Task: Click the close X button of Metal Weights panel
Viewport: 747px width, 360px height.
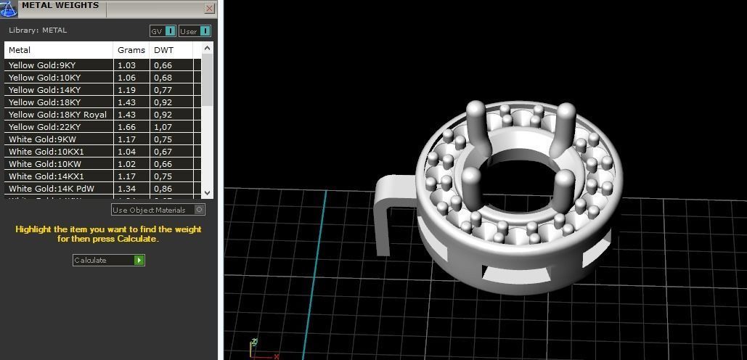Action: click(x=209, y=9)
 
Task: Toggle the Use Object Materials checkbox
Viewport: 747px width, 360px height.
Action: click(x=200, y=210)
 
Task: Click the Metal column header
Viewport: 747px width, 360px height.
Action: click(x=20, y=50)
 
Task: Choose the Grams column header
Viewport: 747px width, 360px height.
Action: click(x=131, y=50)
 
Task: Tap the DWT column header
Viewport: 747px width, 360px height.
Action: click(x=163, y=50)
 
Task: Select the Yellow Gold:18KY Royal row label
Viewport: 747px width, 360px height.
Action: click(x=57, y=115)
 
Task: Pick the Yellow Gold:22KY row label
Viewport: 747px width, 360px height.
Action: click(x=44, y=127)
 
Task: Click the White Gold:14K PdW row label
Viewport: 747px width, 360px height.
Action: click(x=51, y=189)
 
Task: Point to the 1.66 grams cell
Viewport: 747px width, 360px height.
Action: click(x=126, y=127)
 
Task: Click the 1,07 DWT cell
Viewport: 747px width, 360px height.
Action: click(x=163, y=127)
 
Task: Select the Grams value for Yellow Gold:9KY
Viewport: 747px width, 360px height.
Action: click(x=126, y=65)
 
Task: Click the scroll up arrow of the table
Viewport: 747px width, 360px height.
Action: click(x=208, y=49)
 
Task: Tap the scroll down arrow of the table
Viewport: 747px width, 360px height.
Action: click(x=208, y=192)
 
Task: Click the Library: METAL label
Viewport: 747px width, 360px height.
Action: click(x=38, y=30)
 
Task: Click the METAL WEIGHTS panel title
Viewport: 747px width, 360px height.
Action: click(x=60, y=6)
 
